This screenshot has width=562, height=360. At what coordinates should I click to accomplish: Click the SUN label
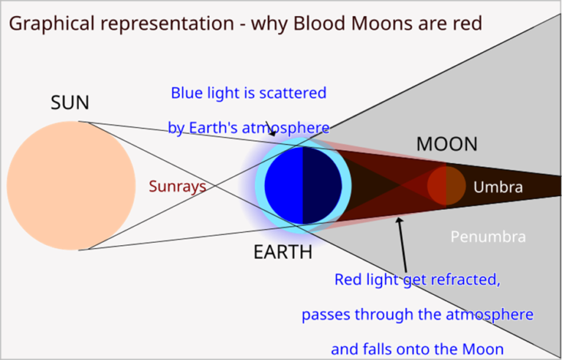click(x=70, y=103)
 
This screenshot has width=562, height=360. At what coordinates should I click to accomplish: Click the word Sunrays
click(x=176, y=187)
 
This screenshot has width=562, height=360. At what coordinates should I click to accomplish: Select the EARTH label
click(x=282, y=252)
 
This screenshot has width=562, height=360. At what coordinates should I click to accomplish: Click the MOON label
click(x=446, y=144)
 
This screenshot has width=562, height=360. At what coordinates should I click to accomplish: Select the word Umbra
click(x=498, y=187)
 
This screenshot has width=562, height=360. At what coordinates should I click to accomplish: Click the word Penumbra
click(x=488, y=237)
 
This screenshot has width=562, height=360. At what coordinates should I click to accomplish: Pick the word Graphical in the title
click(x=51, y=23)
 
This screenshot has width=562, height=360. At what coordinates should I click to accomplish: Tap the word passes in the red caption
click(x=323, y=315)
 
